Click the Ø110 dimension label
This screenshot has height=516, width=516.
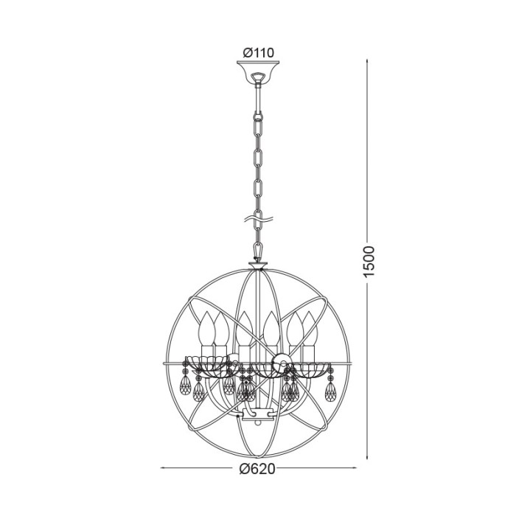coord(258,52)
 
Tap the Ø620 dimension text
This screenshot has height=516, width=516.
coord(257,469)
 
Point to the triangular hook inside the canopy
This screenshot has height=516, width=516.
coord(258,77)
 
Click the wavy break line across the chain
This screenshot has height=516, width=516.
coord(258,219)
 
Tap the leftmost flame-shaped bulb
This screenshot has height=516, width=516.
coord(207,327)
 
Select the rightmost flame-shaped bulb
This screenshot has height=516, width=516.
coord(309,328)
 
